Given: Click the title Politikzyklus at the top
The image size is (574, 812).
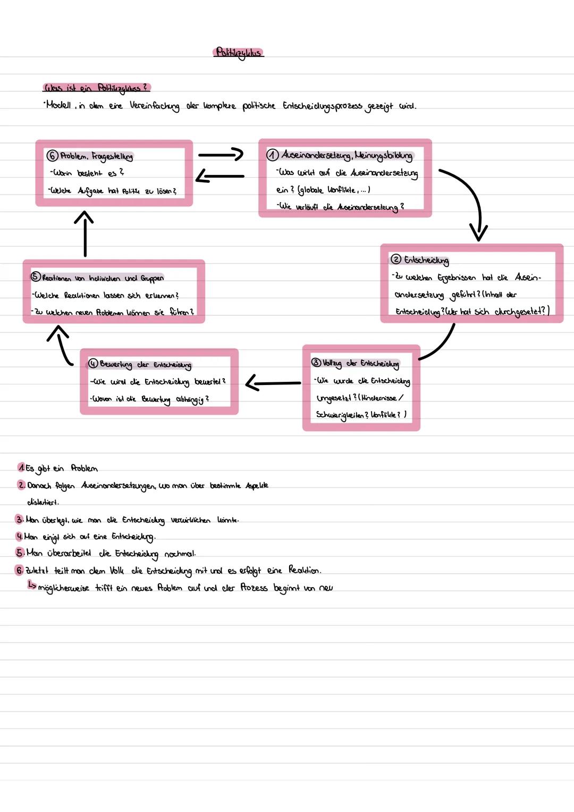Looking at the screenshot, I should [x=239, y=53].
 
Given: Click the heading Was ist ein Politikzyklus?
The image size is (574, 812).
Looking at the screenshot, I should [x=96, y=88].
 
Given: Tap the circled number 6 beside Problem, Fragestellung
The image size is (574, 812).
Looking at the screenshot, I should [x=52, y=156].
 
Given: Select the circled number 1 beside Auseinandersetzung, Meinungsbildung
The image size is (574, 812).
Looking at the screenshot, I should [x=272, y=155].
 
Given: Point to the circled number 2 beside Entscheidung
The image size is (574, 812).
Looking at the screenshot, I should [x=396, y=259].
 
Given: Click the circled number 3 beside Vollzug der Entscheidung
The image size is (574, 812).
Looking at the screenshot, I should [x=316, y=363].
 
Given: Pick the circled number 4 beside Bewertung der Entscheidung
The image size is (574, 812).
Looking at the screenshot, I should [x=93, y=364].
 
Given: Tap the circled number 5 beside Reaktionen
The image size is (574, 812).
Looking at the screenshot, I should [x=36, y=277].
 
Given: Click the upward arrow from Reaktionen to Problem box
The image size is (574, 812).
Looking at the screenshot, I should [x=85, y=234].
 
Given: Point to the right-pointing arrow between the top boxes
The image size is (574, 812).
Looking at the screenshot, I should [x=220, y=155].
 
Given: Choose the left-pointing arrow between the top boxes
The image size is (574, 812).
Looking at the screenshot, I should [x=220, y=177].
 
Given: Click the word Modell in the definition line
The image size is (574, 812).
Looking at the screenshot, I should [x=58, y=105].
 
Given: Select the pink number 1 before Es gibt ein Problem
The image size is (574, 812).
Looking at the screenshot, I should [x=21, y=468].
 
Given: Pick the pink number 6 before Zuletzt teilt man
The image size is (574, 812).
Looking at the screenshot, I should [x=20, y=571].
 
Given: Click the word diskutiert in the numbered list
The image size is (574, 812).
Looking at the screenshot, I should [x=43, y=502].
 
